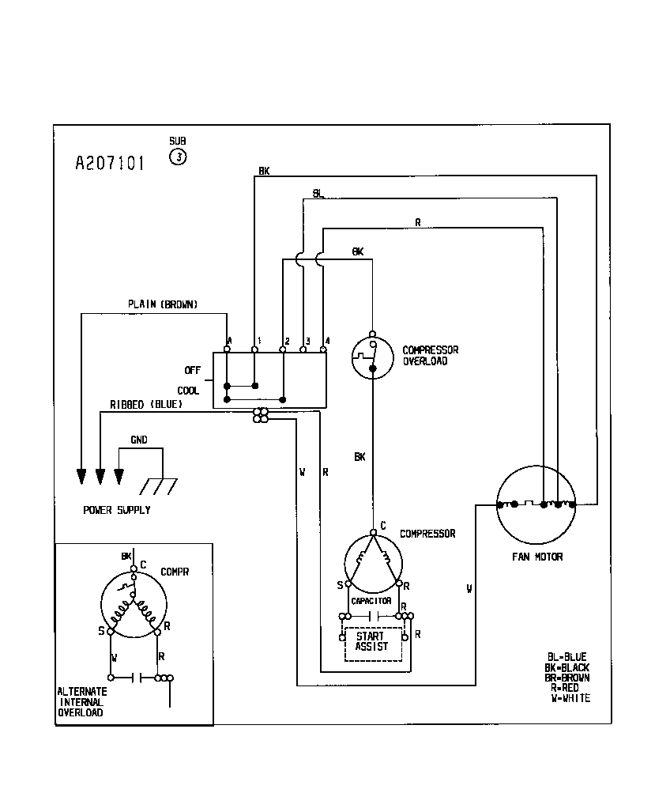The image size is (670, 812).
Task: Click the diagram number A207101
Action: point(110,163)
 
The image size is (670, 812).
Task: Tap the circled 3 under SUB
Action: point(179,157)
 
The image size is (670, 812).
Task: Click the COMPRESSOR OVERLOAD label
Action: point(430,356)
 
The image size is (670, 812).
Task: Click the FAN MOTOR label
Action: point(537,557)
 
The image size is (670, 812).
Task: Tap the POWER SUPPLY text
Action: point(117,510)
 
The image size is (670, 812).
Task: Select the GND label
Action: point(138,440)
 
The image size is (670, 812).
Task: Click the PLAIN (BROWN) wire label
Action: point(163,304)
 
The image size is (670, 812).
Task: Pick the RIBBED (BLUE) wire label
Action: point(146,405)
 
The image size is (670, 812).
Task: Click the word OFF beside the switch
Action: point(192,370)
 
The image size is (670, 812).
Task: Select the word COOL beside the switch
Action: point(188,391)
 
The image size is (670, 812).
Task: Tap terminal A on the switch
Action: point(228,342)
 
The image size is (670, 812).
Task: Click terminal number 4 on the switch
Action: point(326,341)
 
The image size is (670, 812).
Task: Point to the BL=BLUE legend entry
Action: point(568,656)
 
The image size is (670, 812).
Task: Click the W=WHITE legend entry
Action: point(570,698)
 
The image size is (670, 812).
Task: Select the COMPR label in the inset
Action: point(175,572)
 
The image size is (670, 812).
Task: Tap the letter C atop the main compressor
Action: point(383,524)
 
